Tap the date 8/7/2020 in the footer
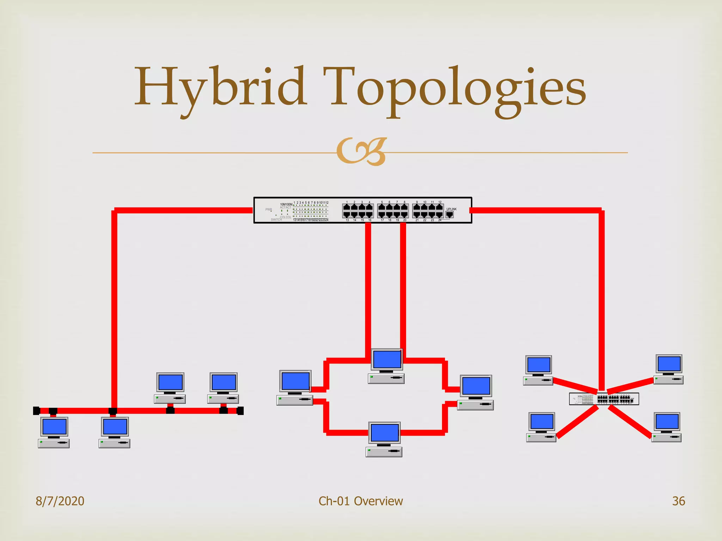click(x=60, y=501)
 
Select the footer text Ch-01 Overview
click(x=361, y=501)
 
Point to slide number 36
click(x=678, y=501)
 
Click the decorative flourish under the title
click(x=361, y=151)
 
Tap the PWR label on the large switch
click(x=269, y=210)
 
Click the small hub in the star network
click(x=604, y=399)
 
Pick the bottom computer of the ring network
click(x=384, y=439)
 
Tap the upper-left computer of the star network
click(x=538, y=370)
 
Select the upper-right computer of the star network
click(x=669, y=369)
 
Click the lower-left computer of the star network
click(x=541, y=427)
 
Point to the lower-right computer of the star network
click(x=667, y=427)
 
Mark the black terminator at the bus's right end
click(x=240, y=411)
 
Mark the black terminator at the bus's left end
click(x=36, y=411)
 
